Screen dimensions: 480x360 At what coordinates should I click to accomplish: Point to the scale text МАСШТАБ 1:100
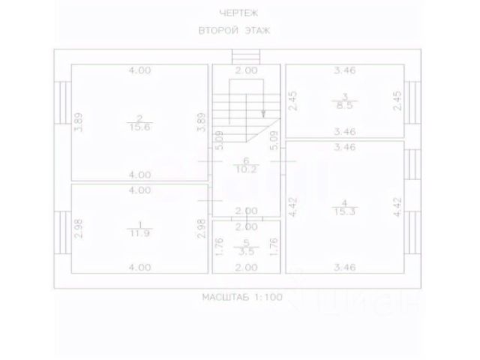coord(241,298)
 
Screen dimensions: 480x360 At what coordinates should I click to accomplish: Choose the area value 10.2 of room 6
coord(246,169)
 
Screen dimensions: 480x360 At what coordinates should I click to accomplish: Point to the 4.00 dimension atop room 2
coord(139,70)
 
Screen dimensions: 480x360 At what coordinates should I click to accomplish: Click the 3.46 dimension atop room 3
coord(345,70)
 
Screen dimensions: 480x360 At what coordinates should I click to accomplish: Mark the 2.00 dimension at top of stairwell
coord(246,70)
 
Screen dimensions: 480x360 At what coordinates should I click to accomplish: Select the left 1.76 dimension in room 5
coord(217,246)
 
